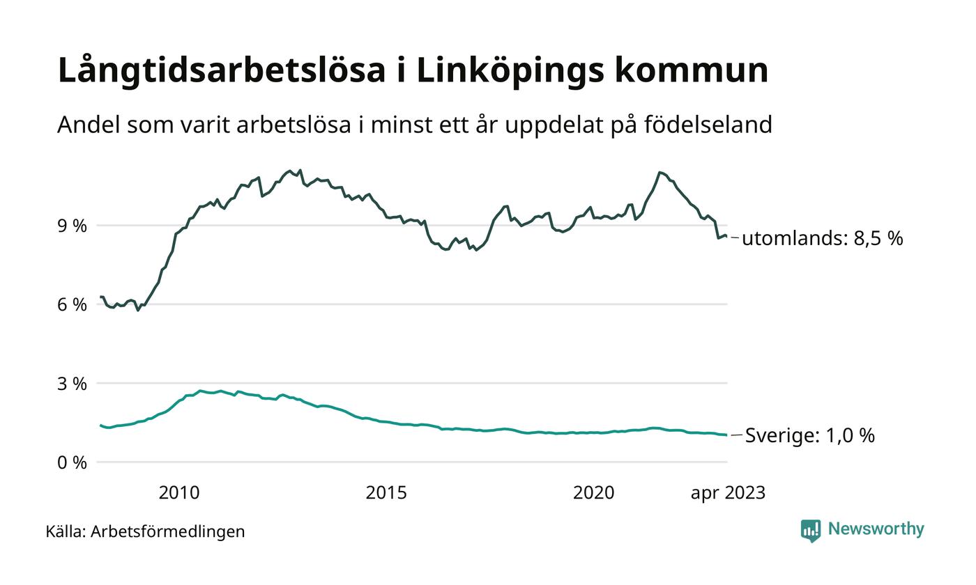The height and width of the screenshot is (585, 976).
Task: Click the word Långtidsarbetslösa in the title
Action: click(x=221, y=71)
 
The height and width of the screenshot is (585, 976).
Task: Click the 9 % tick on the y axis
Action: click(x=73, y=226)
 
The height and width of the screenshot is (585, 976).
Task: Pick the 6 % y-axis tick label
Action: click(x=73, y=304)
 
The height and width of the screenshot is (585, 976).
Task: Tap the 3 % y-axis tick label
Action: click(x=73, y=384)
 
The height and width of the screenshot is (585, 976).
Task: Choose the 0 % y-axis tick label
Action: click(x=73, y=462)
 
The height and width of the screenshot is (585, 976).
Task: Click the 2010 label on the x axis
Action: click(x=179, y=493)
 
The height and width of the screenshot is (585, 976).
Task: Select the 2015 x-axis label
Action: click(x=386, y=493)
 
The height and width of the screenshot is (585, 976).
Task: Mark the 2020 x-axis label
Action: click(x=594, y=493)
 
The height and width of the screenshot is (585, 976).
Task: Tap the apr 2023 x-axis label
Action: click(x=728, y=493)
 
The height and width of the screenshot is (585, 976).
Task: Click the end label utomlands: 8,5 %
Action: click(x=822, y=239)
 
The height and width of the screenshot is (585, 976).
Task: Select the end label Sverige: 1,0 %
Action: click(x=809, y=436)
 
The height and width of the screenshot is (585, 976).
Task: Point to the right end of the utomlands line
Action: click(x=726, y=237)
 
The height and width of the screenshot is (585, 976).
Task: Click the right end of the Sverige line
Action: click(x=726, y=435)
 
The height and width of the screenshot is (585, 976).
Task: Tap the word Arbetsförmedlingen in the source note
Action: click(x=168, y=531)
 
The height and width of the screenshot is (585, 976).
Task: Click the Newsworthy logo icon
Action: click(x=811, y=531)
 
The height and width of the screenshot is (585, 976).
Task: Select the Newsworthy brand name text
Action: click(x=876, y=529)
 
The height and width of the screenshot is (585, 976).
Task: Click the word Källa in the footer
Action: click(x=65, y=531)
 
